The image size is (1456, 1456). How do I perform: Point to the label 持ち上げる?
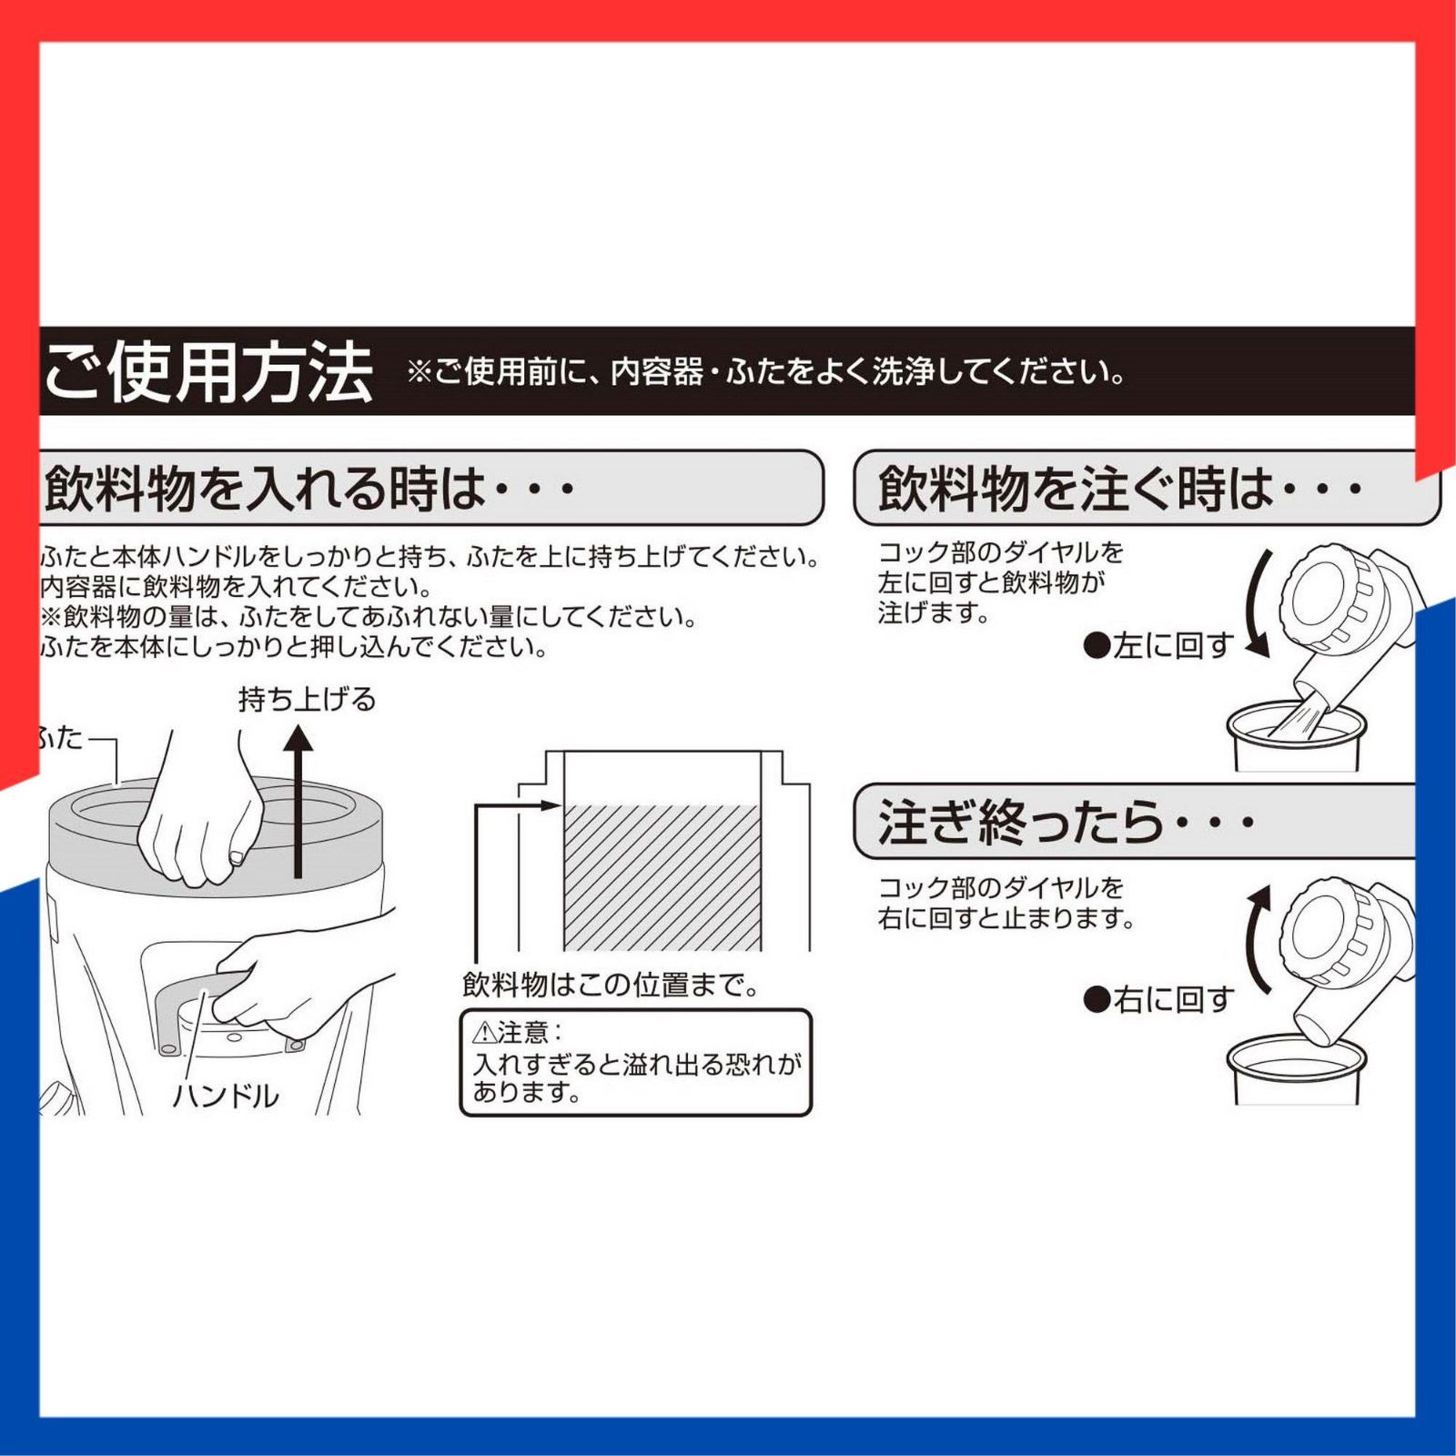point(307,699)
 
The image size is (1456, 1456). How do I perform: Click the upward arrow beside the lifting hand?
point(298,801)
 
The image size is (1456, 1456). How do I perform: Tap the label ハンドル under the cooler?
point(226,1096)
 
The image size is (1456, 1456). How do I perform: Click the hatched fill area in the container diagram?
point(662,878)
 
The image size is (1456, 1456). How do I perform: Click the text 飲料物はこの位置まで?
point(610,985)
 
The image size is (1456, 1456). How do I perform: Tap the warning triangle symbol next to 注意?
point(483,1033)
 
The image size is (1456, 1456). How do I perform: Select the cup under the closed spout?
point(1296,1074)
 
